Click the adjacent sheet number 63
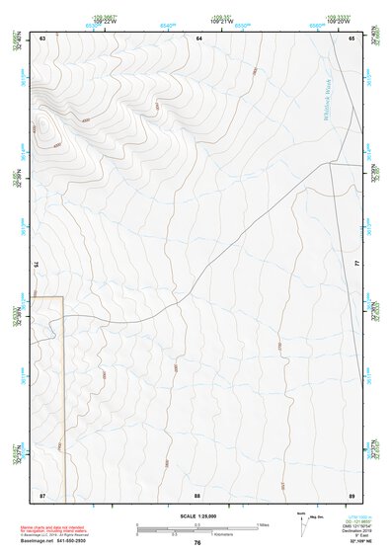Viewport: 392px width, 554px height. point(42,38)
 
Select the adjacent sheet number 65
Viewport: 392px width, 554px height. point(352,38)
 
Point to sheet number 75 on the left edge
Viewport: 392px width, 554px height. point(36,265)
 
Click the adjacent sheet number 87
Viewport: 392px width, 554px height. point(42,494)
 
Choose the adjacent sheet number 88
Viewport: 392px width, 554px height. point(197,494)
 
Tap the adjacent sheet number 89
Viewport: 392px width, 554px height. point(352,494)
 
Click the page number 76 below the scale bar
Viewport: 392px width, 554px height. point(197,542)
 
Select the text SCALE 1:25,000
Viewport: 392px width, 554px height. point(196,515)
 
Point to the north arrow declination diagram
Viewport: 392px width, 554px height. point(302,519)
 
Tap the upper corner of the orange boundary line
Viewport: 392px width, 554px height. point(62,296)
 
